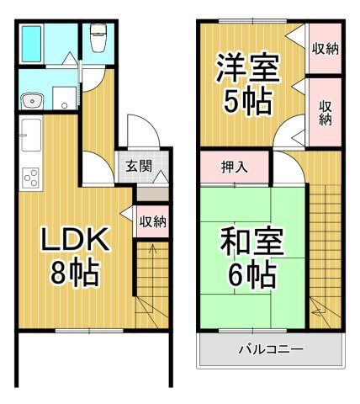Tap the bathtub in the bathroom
click(x=31, y=44)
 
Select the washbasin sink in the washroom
click(x=32, y=100)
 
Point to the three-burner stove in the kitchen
click(x=31, y=178)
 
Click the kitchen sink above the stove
click(x=31, y=135)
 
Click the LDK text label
click(x=75, y=239)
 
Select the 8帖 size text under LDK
click(x=75, y=274)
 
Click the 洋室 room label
click(x=248, y=68)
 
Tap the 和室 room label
click(x=252, y=241)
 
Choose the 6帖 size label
click(x=251, y=274)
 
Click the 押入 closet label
click(x=235, y=167)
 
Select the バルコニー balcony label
click(x=271, y=349)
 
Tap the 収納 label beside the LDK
click(x=153, y=222)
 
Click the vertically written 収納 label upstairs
click(x=326, y=113)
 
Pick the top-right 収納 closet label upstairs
click(x=326, y=50)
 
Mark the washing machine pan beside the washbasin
click(x=65, y=98)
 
